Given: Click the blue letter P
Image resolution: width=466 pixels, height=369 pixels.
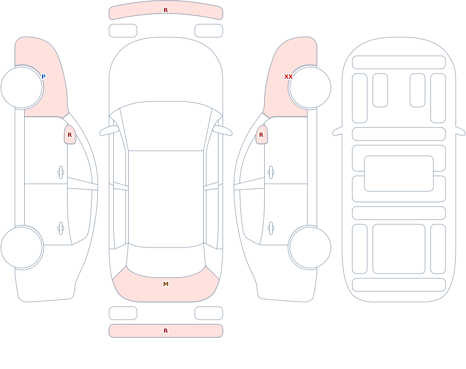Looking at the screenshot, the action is tap(43, 77).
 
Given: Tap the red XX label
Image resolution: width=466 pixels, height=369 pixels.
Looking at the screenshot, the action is tap(288, 77).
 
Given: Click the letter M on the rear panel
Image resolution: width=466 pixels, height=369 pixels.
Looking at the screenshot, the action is tap(166, 284).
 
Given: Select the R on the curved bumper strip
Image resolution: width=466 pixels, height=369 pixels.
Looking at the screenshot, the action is tap(166, 10).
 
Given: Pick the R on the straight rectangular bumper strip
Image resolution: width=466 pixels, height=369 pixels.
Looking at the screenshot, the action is tap(166, 331).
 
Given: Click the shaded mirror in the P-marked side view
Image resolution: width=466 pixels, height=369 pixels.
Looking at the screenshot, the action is tap(70, 135).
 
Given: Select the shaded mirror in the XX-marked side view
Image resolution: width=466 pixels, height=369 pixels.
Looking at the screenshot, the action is tap(261, 135).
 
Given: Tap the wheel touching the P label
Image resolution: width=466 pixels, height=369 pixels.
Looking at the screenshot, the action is tap(22, 87).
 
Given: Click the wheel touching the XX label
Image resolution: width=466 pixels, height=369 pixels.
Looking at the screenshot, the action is tap(310, 87).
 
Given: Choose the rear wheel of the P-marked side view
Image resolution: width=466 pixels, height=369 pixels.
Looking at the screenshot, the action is tap(22, 247).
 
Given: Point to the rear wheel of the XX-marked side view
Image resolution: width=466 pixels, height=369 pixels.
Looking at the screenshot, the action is tap(310, 247).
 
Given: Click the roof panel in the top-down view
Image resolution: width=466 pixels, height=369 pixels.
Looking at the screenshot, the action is tap(166, 199).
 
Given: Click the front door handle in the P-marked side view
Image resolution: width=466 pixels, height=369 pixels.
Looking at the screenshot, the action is tap(61, 173).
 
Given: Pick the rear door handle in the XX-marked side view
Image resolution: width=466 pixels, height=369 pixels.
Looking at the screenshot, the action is tap(271, 228).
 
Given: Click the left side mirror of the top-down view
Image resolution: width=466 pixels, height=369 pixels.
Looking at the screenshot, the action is tap(109, 131).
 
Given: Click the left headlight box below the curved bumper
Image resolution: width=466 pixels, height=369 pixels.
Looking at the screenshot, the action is tap(123, 31).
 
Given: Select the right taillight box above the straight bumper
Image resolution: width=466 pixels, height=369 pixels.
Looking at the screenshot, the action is tap(209, 313).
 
